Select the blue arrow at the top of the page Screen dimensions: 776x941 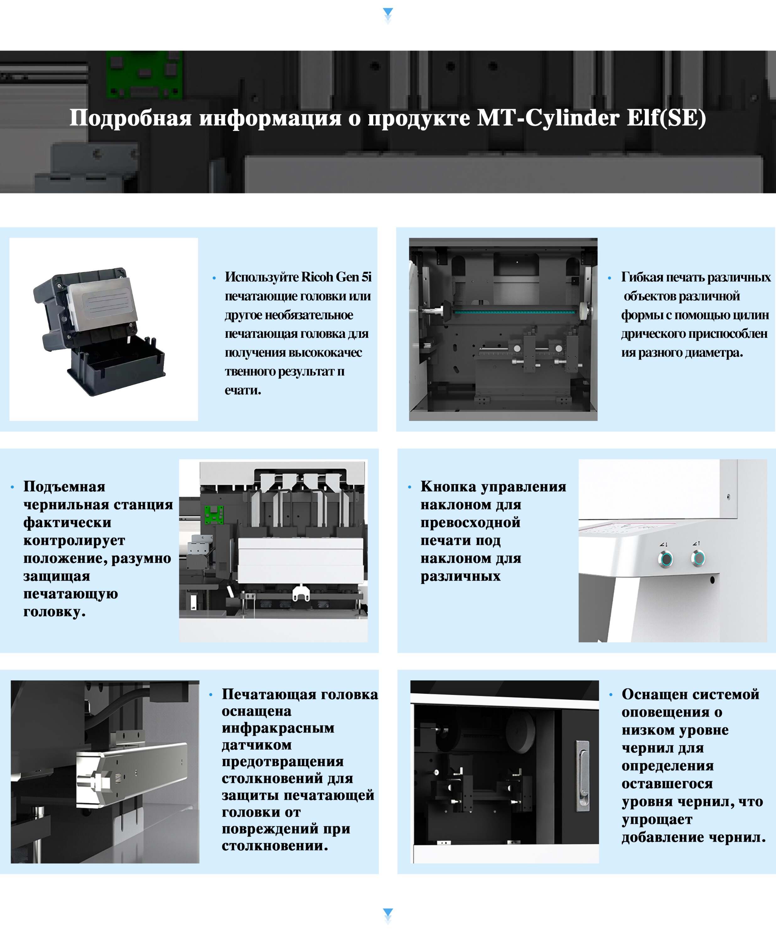pos(388,15)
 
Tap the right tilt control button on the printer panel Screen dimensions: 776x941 pos(698,558)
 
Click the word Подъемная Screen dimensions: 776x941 pos(64,486)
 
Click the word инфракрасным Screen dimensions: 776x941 pos(278,728)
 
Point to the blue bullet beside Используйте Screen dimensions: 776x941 pos(214,278)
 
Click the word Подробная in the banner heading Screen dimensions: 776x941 pos(131,118)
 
